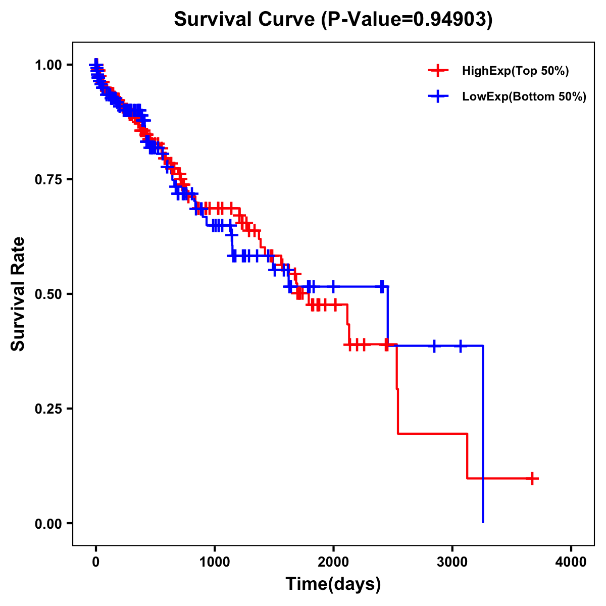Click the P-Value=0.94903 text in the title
point(408,19)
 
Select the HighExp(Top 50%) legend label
point(515,71)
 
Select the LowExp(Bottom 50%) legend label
point(524,97)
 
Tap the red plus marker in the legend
point(438,71)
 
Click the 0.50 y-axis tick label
point(48,294)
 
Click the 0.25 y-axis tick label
point(48,409)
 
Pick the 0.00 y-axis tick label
point(48,523)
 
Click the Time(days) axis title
point(333,584)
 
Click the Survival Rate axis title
point(18,294)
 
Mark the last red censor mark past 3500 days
point(532,478)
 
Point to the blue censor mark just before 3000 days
point(434,346)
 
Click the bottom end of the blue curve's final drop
point(483,522)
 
